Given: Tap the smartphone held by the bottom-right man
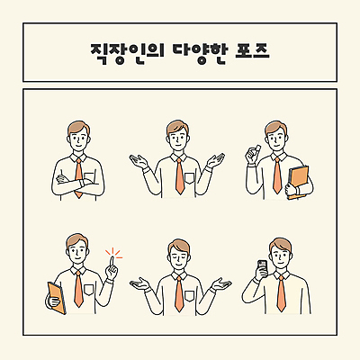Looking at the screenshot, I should [262, 266].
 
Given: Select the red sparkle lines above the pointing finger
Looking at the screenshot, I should [112, 253].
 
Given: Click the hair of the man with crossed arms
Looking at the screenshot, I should [77, 126].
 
